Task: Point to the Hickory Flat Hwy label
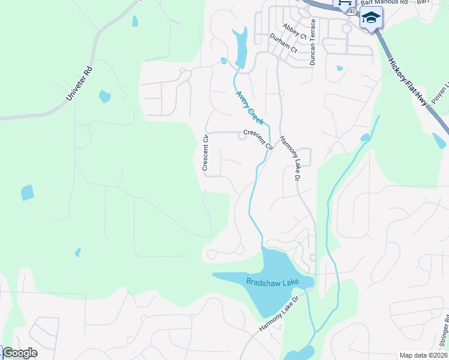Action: [408, 82]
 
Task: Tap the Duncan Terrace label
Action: [312, 42]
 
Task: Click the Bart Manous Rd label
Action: [384, 2]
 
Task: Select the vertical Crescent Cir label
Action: [205, 154]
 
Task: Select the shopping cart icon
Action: [345, 3]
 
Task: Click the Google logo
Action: [20, 353]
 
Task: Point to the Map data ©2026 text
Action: [423, 355]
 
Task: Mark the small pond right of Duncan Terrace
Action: [340, 68]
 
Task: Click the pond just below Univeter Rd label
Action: [104, 96]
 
